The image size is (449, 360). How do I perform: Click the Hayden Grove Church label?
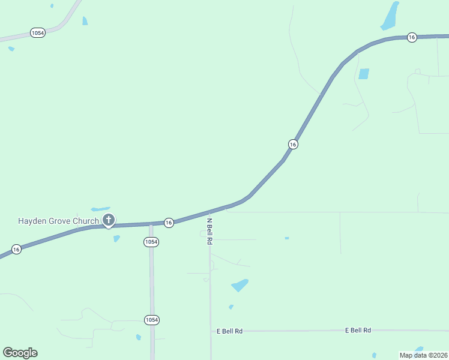click(x=58, y=221)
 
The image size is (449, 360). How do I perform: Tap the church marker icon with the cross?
click(x=109, y=220)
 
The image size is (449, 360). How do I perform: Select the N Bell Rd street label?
click(x=210, y=231)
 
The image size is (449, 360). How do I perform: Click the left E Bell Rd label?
click(x=230, y=331)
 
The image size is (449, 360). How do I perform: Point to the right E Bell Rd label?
click(x=358, y=330)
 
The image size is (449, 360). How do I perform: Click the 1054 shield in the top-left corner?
click(x=37, y=33)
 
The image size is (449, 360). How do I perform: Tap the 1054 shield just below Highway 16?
click(x=151, y=242)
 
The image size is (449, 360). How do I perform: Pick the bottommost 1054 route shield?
click(x=152, y=320)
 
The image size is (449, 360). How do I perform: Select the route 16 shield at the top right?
click(x=411, y=37)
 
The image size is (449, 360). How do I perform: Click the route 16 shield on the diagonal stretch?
click(x=293, y=144)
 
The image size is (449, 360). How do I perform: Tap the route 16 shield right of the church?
click(x=169, y=223)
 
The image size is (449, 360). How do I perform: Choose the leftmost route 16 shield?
click(x=16, y=249)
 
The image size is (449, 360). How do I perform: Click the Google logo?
click(x=20, y=352)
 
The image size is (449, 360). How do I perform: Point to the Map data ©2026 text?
click(x=423, y=355)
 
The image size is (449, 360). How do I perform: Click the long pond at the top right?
click(x=390, y=17)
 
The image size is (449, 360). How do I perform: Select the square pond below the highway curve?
click(x=364, y=74)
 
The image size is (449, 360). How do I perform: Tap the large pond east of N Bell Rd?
click(x=240, y=285)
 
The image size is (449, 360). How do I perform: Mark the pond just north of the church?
click(x=100, y=209)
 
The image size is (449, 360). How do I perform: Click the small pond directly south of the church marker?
click(x=116, y=238)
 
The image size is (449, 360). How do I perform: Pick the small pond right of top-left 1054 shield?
click(x=85, y=21)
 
